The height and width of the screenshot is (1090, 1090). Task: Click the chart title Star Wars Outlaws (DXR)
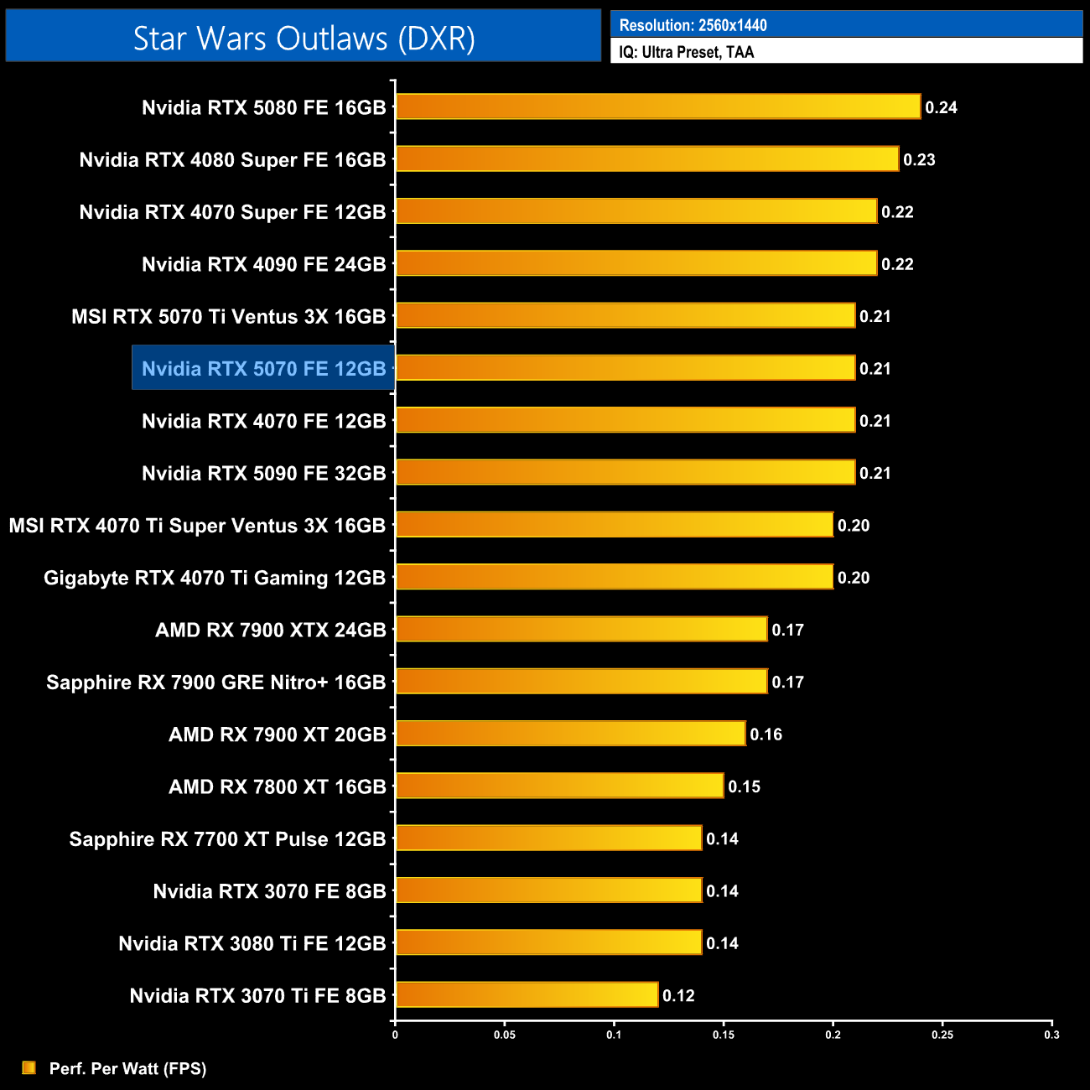pos(304,39)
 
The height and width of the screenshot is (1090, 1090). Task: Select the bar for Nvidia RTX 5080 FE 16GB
pos(658,106)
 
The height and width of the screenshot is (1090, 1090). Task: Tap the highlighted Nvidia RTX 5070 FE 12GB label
pos(263,368)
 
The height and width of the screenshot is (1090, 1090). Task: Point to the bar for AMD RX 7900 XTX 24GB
pos(581,629)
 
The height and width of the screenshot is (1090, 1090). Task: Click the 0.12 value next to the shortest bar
pos(678,995)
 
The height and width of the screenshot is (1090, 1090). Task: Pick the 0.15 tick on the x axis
pos(724,1035)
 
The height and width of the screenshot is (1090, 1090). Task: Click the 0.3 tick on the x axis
pos(1051,1035)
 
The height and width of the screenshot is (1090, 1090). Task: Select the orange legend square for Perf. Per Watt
pos(29,1067)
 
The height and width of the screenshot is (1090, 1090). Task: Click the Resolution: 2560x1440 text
pos(693,25)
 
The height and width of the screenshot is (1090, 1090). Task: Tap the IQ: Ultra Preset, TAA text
pos(686,52)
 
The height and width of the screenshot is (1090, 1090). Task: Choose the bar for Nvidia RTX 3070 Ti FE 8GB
pos(527,994)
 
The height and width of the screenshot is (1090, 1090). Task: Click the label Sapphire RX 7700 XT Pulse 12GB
pos(227,838)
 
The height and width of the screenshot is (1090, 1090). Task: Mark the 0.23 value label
pos(919,159)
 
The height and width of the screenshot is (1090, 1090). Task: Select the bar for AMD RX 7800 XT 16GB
pos(559,786)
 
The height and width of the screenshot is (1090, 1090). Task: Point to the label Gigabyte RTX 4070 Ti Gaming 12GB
pos(215,578)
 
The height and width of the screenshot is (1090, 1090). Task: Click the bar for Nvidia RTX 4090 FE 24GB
pos(636,263)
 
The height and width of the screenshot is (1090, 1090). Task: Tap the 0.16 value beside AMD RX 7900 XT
pos(766,734)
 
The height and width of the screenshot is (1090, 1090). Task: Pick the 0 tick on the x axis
pos(395,1035)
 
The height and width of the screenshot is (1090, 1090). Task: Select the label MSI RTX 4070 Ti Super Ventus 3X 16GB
pos(197,526)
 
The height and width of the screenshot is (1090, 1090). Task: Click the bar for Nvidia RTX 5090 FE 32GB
pos(625,472)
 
